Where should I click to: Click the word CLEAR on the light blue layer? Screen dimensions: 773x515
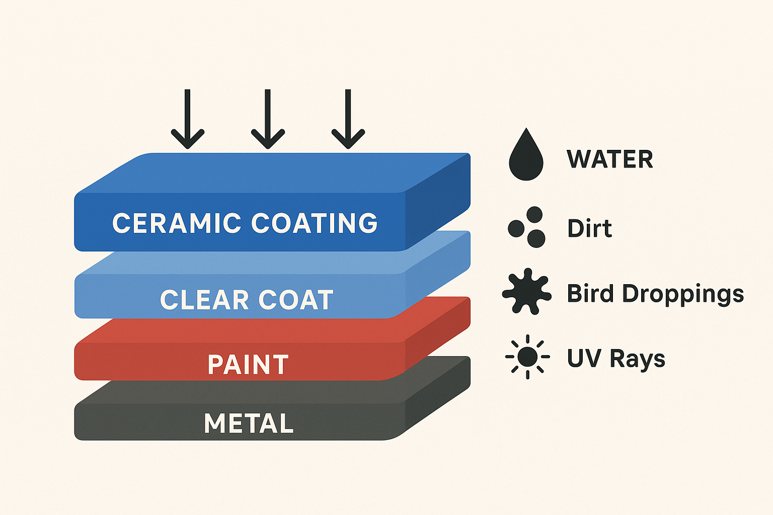click(x=204, y=300)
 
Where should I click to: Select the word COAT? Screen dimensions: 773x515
click(x=296, y=300)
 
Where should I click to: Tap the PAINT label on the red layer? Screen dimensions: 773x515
click(x=248, y=365)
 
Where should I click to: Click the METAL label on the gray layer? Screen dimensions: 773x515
click(x=249, y=423)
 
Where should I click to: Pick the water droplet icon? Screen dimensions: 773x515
click(x=526, y=156)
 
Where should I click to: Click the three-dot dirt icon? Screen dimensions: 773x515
click(x=527, y=227)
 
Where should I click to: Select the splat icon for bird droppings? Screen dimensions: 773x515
click(x=526, y=292)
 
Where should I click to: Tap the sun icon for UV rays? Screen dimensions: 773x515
click(x=527, y=357)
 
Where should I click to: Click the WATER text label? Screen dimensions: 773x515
click(x=610, y=159)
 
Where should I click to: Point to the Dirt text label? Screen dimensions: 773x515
click(x=589, y=228)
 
